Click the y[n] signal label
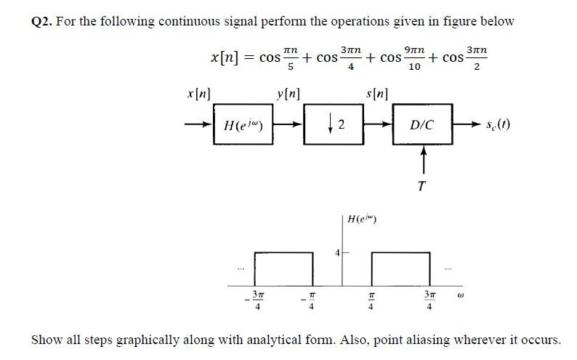point(288,95)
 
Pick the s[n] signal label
point(378,95)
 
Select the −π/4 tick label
point(311,300)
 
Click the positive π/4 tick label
point(371,300)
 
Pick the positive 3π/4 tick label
point(429,300)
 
